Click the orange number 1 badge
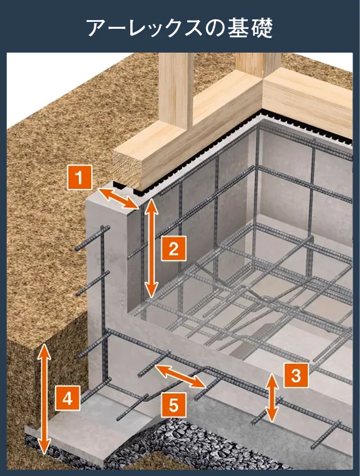tap(80, 178)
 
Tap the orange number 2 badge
tap(173, 249)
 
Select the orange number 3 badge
tap(296, 375)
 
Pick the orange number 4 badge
tap(68, 398)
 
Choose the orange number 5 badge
tap(173, 405)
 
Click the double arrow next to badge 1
tap(118, 199)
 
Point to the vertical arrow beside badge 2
tap(151, 248)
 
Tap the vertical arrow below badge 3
tap(272, 398)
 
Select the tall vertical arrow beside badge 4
tap(44, 399)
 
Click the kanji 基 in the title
tap(239, 28)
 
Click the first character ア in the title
tap(98, 28)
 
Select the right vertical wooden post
tap(259, 65)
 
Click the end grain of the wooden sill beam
tap(128, 168)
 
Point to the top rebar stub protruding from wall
tap(92, 238)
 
